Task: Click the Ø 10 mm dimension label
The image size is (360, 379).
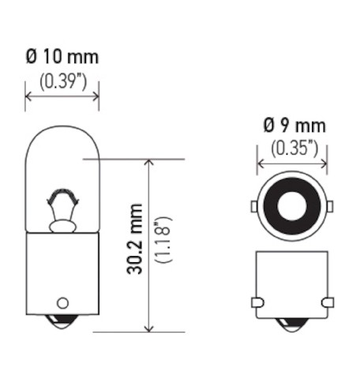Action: [x=62, y=57]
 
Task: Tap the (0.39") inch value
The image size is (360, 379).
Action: [x=63, y=81]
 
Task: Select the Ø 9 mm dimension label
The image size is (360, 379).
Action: [x=294, y=126]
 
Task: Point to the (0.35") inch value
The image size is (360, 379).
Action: [x=294, y=148]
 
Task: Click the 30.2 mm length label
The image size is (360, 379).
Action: [x=134, y=238]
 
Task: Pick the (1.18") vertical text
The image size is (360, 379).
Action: [x=163, y=239]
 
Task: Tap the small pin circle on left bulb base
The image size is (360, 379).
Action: [x=62, y=302]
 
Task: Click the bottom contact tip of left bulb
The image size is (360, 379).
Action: [x=62, y=321]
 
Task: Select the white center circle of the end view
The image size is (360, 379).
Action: [x=291, y=206]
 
